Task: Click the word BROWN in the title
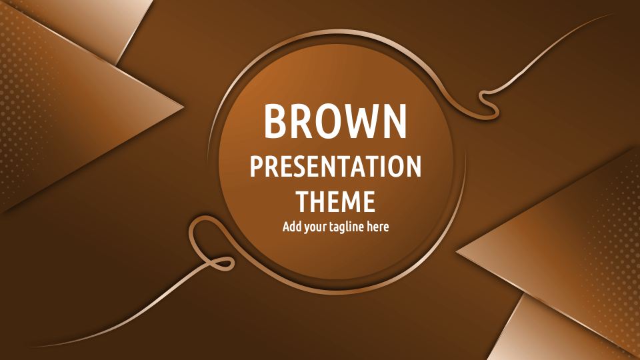335,121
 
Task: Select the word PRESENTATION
335,167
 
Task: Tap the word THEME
335,201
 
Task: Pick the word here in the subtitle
377,227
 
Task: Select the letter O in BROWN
330,121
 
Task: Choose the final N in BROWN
394,121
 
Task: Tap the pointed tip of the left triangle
183,106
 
